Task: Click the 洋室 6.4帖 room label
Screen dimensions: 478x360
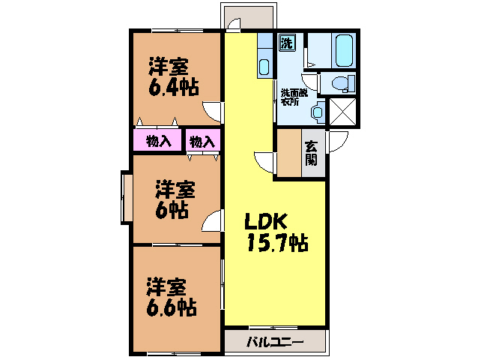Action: (174, 76)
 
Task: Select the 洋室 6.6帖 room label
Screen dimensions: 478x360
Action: (171, 297)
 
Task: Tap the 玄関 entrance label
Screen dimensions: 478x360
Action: (311, 153)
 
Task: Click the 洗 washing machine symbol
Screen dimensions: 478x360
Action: (287, 43)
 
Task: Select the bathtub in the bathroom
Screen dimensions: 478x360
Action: (344, 50)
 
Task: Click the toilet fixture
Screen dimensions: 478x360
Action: (343, 83)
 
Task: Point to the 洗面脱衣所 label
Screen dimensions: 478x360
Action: (294, 97)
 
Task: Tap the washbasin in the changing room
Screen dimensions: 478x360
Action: (318, 112)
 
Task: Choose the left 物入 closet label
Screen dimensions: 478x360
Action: (159, 142)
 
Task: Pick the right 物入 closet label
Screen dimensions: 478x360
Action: (202, 142)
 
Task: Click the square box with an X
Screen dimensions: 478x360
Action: (343, 112)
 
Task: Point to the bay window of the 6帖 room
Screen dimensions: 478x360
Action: (127, 198)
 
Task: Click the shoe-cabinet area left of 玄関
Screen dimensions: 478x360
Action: (289, 153)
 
